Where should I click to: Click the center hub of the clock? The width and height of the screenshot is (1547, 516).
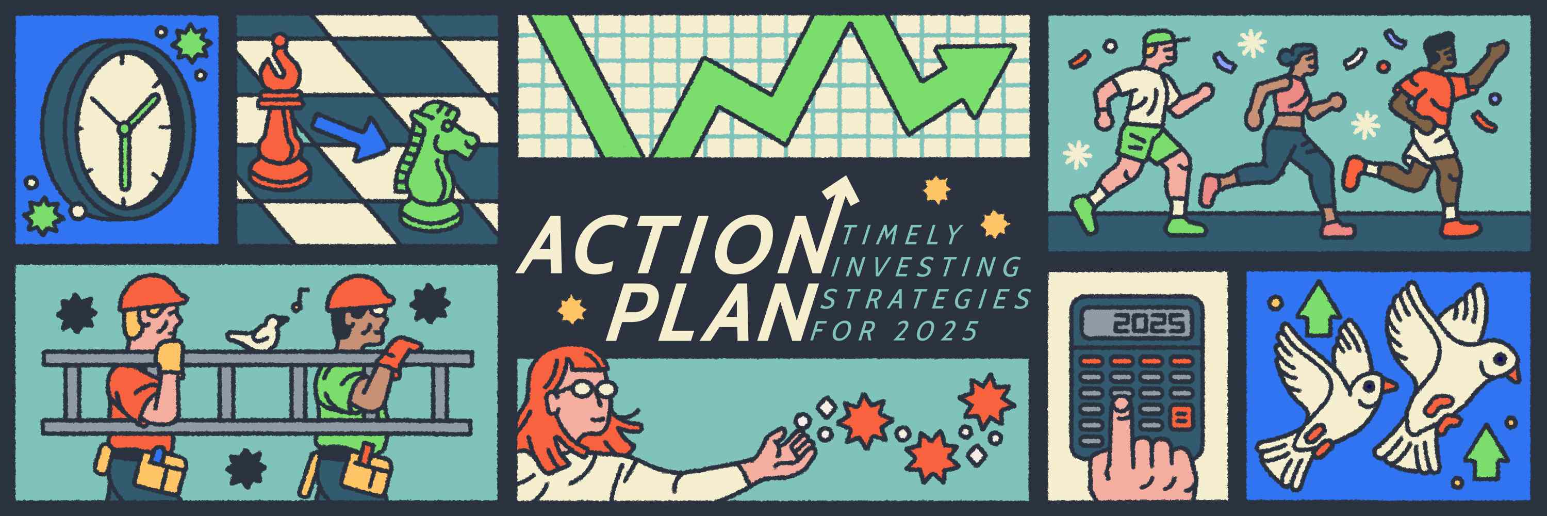(124, 128)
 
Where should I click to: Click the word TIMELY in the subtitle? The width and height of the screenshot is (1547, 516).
(901, 235)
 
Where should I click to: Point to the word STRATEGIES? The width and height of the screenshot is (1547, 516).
(925, 299)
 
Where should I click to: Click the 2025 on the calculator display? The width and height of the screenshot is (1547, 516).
(1149, 325)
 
